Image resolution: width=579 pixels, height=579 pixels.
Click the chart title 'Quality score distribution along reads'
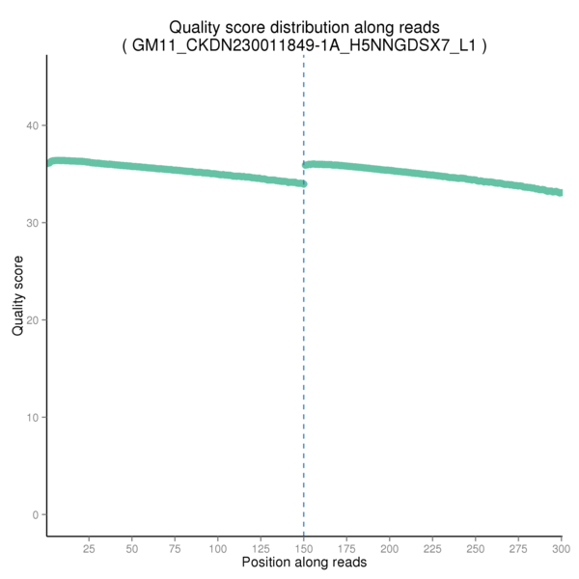click(x=304, y=27)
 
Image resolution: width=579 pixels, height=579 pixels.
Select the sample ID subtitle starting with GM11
click(x=304, y=44)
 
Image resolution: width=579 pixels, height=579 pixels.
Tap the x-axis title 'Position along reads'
click(x=304, y=562)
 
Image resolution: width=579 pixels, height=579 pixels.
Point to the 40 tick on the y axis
click(x=32, y=125)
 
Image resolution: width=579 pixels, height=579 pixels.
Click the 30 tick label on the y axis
click(x=32, y=223)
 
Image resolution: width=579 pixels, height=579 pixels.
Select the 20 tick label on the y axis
click(x=32, y=320)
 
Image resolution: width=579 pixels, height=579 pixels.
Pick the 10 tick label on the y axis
click(x=32, y=418)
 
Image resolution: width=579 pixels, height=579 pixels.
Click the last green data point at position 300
click(x=561, y=193)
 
